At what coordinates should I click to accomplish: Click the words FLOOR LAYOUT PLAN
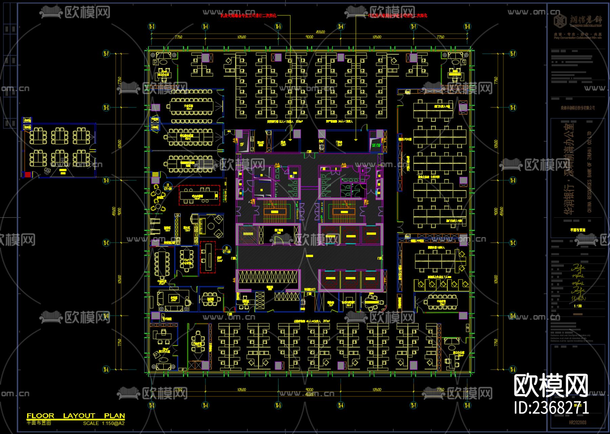(76, 416)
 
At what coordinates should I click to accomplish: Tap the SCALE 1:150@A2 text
(104, 423)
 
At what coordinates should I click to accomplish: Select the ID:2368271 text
(551, 408)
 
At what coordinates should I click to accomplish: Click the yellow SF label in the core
(242, 144)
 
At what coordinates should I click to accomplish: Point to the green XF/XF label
(376, 145)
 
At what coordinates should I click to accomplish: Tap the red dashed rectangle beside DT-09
(199, 195)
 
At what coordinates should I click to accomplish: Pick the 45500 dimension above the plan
(320, 32)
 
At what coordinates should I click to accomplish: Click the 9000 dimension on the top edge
(309, 37)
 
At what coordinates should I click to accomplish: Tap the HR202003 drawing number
(577, 422)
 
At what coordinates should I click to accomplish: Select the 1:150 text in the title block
(578, 306)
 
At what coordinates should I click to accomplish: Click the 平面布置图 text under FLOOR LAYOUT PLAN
(39, 423)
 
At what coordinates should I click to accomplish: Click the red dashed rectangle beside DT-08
(208, 257)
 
